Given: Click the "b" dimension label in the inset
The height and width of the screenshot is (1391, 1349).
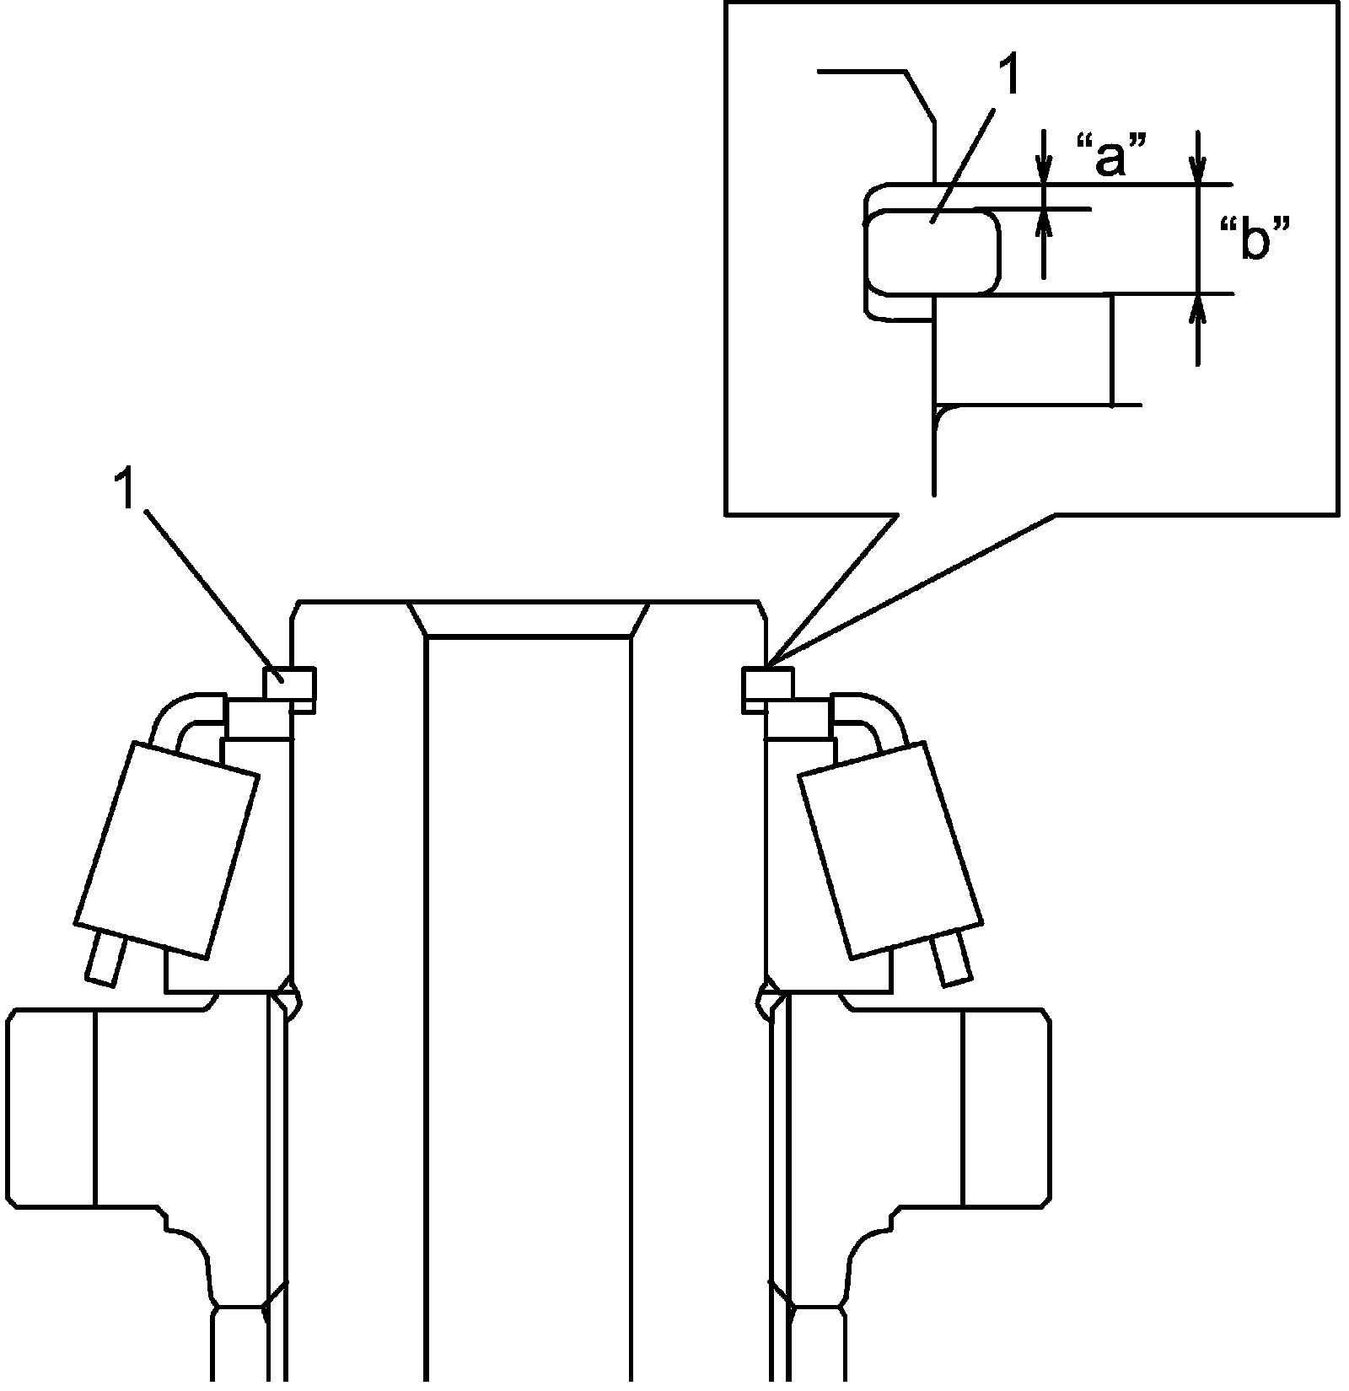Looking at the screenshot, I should pyautogui.click(x=1256, y=239).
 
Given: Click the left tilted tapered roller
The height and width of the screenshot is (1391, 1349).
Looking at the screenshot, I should pyautogui.click(x=167, y=850).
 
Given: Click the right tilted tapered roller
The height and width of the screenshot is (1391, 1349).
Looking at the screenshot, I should pyautogui.click(x=889, y=850).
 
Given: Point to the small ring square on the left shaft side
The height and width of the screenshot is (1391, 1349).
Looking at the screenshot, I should pyautogui.click(x=289, y=683).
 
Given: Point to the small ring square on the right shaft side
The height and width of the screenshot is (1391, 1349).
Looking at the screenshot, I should pyautogui.click(x=766, y=683).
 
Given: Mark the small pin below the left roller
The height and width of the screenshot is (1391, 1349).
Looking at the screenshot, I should pyautogui.click(x=106, y=960).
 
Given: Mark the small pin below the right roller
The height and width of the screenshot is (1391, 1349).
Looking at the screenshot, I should pyautogui.click(x=950, y=960).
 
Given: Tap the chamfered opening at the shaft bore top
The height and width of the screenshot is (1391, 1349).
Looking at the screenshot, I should pyautogui.click(x=529, y=620).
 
